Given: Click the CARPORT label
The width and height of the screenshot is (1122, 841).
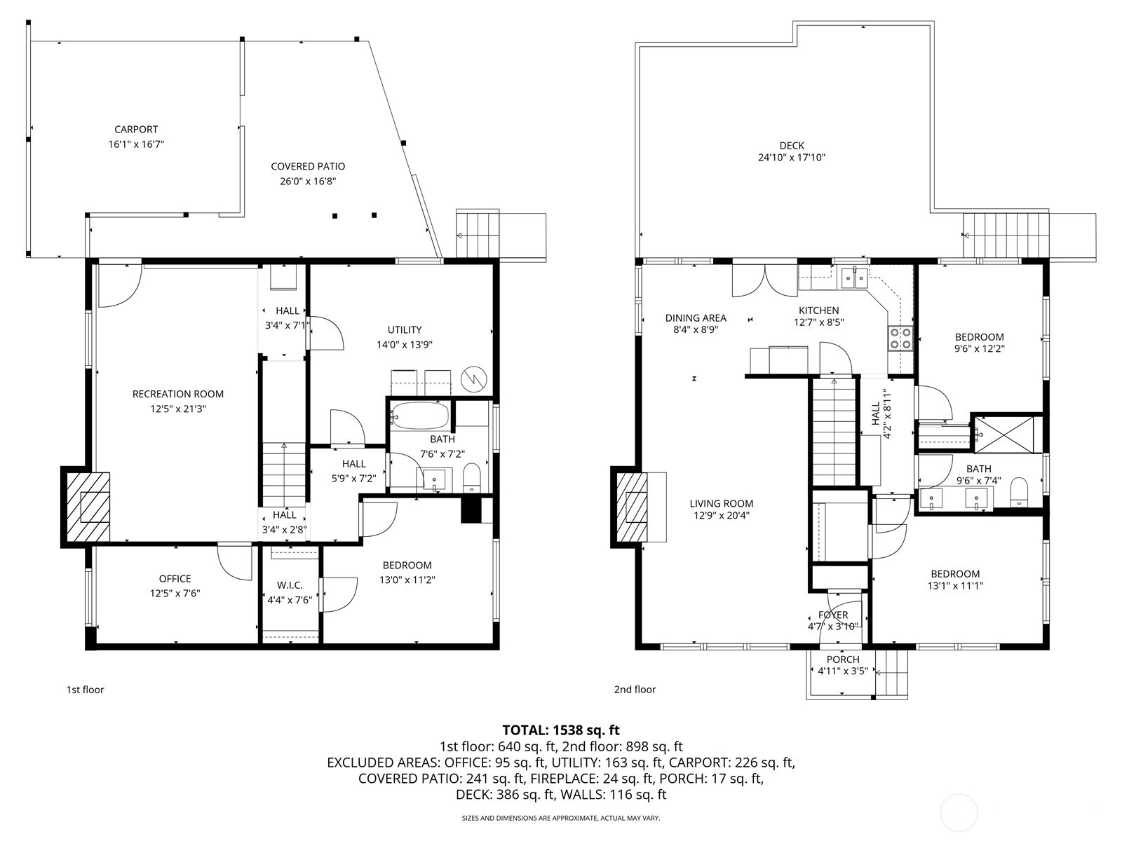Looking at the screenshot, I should pyautogui.click(x=136, y=130).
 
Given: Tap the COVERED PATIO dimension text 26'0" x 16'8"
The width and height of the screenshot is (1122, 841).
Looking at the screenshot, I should pyautogui.click(x=308, y=181).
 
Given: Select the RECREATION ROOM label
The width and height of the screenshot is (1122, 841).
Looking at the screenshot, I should pyautogui.click(x=178, y=395).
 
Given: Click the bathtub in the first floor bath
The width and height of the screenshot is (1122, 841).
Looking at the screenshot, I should pyautogui.click(x=419, y=416).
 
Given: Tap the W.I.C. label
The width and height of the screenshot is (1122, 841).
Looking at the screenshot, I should pyautogui.click(x=290, y=585).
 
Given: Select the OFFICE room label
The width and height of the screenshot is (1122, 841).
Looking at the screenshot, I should pyautogui.click(x=175, y=579).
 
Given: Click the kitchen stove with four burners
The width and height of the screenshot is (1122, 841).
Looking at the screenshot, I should pyautogui.click(x=900, y=339).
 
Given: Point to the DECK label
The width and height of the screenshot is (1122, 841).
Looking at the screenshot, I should pyautogui.click(x=791, y=146).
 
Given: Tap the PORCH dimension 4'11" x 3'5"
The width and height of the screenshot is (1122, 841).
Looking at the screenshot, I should pyautogui.click(x=843, y=671).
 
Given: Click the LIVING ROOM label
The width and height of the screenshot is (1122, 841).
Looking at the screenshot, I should pyautogui.click(x=721, y=503).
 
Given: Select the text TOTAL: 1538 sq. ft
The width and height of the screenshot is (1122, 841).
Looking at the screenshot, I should pyautogui.click(x=561, y=730).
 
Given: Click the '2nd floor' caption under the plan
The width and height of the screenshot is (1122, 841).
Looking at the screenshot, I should pyautogui.click(x=635, y=690).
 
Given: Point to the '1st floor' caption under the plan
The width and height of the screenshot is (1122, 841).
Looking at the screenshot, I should pyautogui.click(x=85, y=690).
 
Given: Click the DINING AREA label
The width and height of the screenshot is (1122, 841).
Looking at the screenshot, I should pyautogui.click(x=696, y=318).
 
